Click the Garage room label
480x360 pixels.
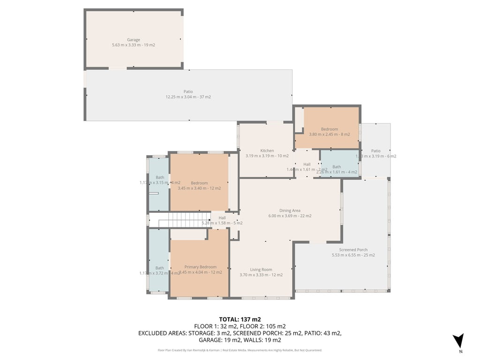pyautogui.click(x=134, y=40)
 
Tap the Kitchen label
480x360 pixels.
pyautogui.click(x=267, y=150)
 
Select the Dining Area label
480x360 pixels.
pyautogui.click(x=290, y=211)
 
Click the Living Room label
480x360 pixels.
pyautogui.click(x=261, y=270)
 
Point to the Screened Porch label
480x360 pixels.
pyautogui.click(x=353, y=250)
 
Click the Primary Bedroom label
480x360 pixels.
pyautogui.click(x=200, y=267)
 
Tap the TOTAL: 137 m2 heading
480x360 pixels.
pyautogui.click(x=240, y=319)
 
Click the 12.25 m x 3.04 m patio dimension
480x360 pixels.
pyautogui.click(x=188, y=97)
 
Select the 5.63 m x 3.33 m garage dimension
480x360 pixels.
pyautogui.click(x=134, y=45)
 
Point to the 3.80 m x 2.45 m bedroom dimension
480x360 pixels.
pyautogui.click(x=330, y=135)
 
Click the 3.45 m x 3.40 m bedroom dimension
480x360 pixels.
pyautogui.click(x=199, y=188)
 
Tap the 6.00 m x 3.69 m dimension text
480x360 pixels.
pyautogui.click(x=290, y=216)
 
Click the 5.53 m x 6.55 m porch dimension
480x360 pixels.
pyautogui.click(x=353, y=255)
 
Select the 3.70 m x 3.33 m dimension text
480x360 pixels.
pyautogui.click(x=261, y=275)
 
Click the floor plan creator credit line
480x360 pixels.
pyautogui.click(x=240, y=350)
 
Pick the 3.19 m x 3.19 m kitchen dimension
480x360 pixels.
pyautogui.click(x=267, y=156)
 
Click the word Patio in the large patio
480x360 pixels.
pyautogui.click(x=188, y=92)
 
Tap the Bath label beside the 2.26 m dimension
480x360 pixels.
pyautogui.click(x=337, y=167)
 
